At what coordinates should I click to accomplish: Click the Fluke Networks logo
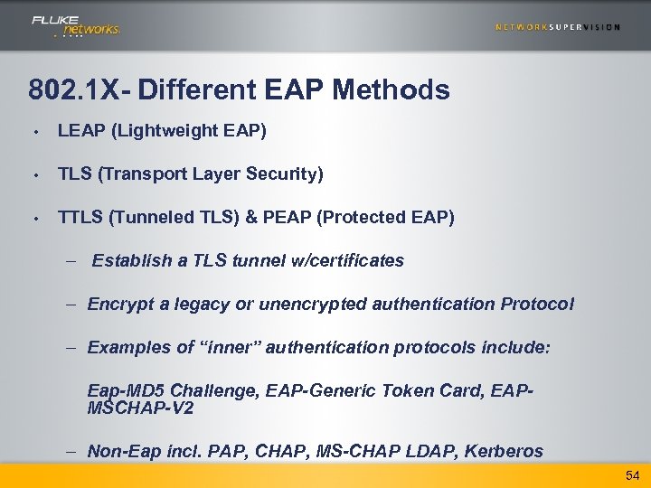(x=75, y=25)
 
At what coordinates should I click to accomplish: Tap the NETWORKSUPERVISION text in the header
(x=557, y=27)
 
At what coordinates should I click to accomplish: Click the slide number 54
(x=630, y=475)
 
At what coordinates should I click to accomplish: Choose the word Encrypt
(x=117, y=304)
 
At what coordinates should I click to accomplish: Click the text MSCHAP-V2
(x=140, y=408)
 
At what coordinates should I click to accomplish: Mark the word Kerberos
(x=504, y=451)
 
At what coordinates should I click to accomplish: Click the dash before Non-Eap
(x=71, y=451)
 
